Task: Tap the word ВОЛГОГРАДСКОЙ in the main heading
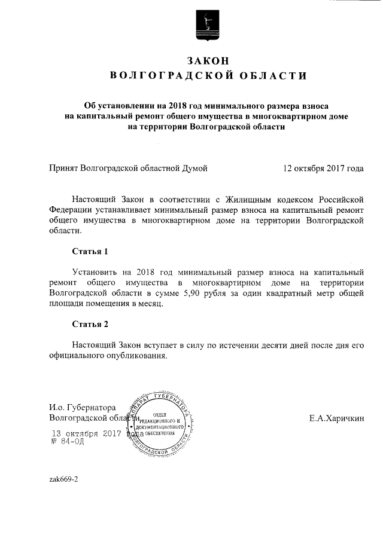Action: click(169, 76)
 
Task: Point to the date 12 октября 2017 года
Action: click(323, 169)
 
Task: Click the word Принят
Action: click(63, 169)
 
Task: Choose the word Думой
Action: click(194, 169)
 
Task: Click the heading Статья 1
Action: click(90, 251)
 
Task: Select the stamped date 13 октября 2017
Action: click(86, 433)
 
